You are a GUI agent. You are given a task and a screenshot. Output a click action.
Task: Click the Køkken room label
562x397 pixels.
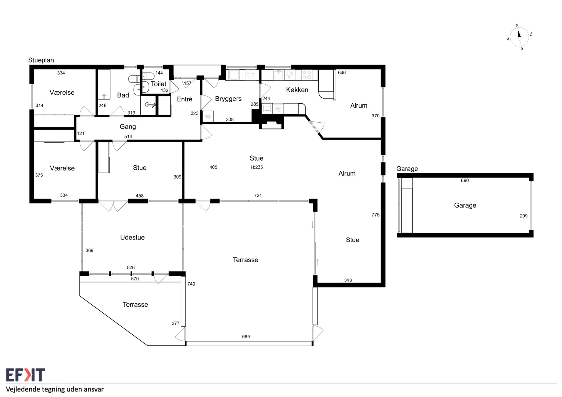297,90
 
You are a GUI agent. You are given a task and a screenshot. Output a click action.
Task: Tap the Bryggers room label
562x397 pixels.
228,99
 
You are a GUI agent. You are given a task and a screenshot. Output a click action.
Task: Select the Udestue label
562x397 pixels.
132,237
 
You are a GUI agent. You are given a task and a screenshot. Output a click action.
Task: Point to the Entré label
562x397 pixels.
185,99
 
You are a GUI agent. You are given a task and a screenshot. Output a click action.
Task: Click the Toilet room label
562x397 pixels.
158,84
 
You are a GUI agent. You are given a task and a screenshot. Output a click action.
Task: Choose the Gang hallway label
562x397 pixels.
128,127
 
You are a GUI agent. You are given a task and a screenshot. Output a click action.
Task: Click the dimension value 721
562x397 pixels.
258,195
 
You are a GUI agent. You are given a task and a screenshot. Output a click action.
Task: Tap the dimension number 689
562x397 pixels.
246,337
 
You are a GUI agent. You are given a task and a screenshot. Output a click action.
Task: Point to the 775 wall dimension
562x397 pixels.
375,215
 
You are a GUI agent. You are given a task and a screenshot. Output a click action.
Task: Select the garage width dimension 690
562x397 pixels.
465,181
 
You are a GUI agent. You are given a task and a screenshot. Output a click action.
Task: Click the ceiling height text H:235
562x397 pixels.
257,167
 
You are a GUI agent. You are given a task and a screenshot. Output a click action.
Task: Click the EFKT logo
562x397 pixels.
26,375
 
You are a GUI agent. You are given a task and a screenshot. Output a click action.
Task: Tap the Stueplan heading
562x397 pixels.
41,60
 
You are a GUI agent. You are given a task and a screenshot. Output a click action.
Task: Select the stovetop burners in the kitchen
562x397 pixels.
307,75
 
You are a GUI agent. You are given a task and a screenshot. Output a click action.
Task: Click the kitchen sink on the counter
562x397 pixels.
279,75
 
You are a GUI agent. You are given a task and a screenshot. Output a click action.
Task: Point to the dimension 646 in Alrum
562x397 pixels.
342,73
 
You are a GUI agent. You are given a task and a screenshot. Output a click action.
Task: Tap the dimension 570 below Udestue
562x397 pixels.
135,279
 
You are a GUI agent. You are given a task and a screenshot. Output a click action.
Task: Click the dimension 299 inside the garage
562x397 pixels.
524,216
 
